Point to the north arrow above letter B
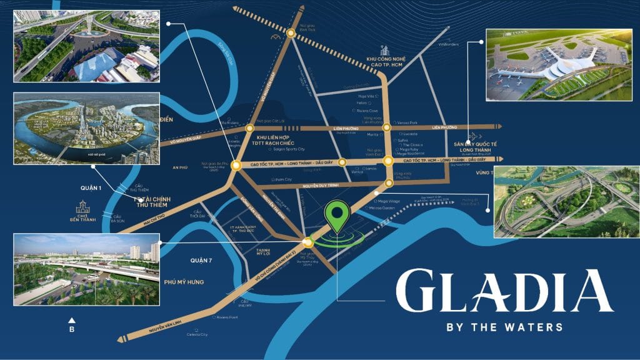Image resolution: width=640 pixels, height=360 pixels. point(72,320)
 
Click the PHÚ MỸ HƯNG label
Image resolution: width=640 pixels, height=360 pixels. point(184,282)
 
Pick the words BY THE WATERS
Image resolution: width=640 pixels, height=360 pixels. point(504,327)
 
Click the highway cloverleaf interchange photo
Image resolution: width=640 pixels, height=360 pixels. point(566,202)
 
